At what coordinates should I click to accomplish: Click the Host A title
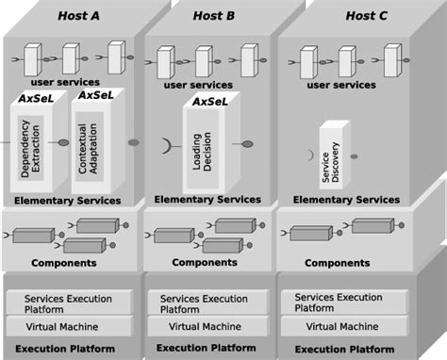click(79, 16)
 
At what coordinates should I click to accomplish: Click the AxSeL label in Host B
click(210, 101)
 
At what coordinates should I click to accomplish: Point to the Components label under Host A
click(64, 263)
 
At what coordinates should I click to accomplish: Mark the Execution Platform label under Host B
click(206, 348)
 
